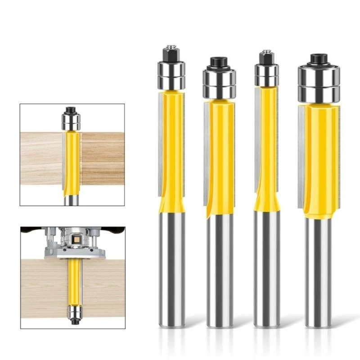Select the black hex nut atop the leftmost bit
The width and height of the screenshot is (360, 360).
point(171,54)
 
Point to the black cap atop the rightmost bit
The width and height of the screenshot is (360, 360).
point(319,60)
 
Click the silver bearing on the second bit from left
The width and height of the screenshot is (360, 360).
point(220,83)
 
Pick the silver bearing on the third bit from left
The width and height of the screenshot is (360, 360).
point(266,75)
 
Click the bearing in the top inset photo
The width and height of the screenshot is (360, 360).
point(71,121)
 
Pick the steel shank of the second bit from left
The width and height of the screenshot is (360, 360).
point(220,270)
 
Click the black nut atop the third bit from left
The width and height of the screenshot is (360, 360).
point(266,58)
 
